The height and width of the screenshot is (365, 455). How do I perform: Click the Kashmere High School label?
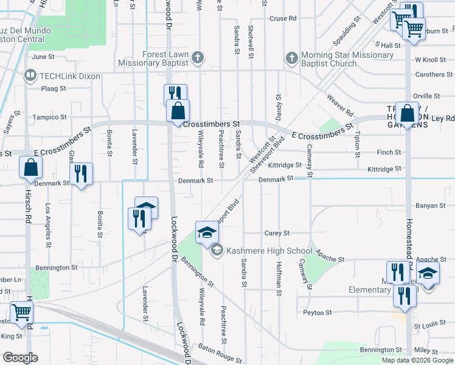click(x=269, y=251)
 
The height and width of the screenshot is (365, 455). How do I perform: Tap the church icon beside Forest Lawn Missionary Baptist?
click(x=197, y=58)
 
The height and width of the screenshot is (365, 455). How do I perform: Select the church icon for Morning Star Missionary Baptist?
click(x=291, y=58)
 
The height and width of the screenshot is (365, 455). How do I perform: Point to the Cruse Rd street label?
click(x=283, y=18)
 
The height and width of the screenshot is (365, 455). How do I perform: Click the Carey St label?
click(x=277, y=233)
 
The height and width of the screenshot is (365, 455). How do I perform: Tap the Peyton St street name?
click(x=318, y=313)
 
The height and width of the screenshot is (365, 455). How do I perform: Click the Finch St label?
click(x=389, y=153)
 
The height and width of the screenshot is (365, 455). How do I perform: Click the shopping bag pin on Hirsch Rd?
click(x=30, y=167)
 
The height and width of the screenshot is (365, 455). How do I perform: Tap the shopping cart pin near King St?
click(x=22, y=313)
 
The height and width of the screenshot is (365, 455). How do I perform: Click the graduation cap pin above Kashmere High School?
click(x=206, y=232)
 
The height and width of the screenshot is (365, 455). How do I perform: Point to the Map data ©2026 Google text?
click(x=417, y=360)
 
